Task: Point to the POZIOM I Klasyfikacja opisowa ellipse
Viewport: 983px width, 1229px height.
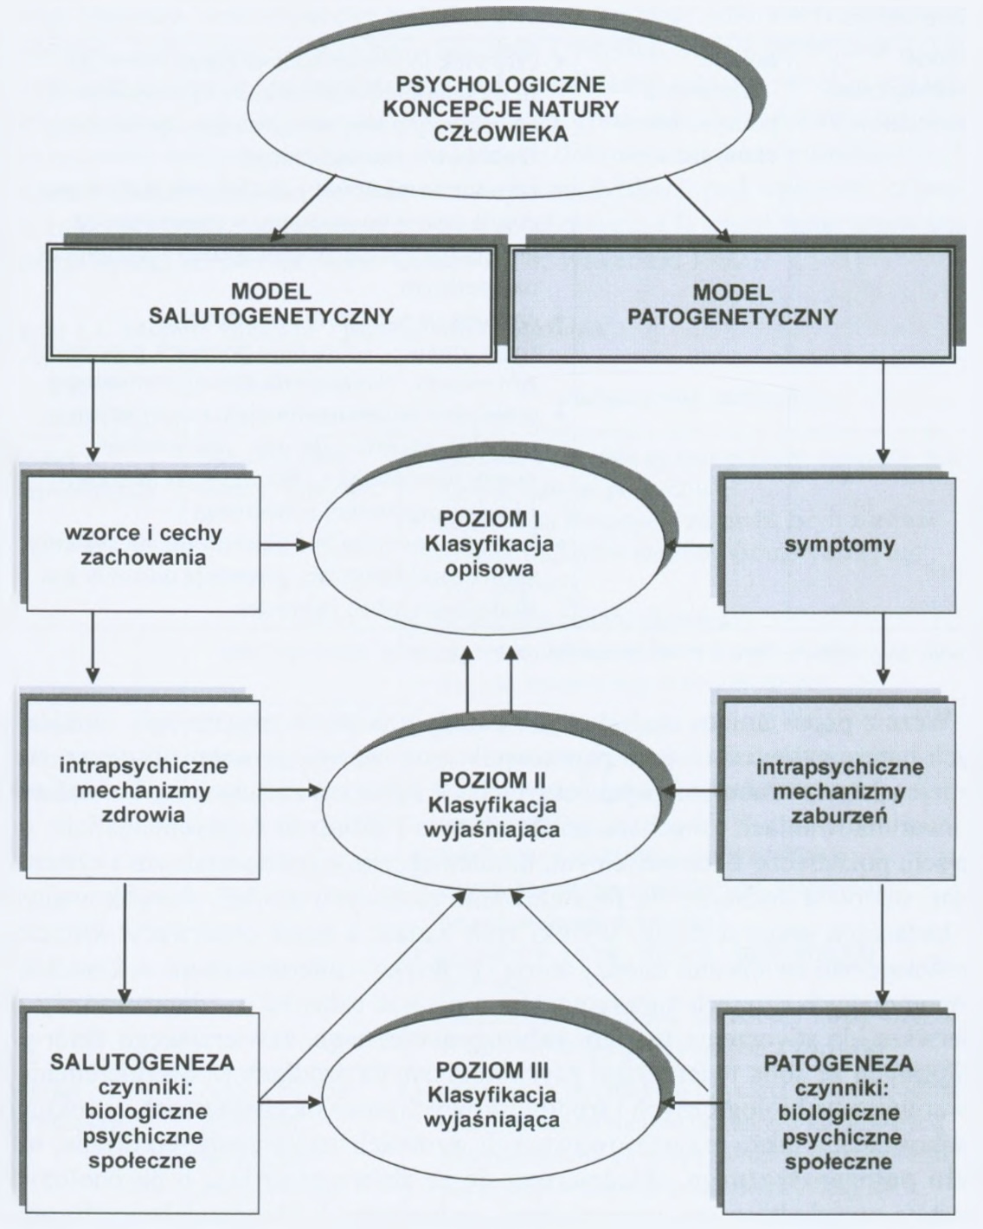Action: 490,546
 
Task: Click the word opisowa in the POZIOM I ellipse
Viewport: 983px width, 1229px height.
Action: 490,570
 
